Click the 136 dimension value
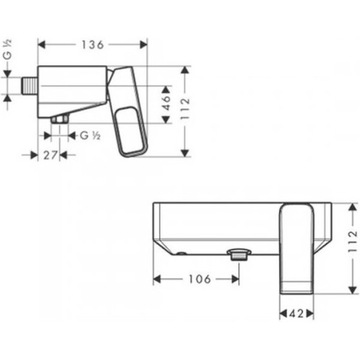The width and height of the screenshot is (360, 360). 93,45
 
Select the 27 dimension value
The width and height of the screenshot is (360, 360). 50,155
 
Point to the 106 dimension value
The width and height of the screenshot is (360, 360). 200,279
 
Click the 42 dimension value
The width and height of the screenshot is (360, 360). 296,314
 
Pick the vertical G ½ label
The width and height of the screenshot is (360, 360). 8,50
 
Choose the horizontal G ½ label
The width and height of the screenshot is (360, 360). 90,135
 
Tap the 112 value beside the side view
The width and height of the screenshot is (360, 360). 185,109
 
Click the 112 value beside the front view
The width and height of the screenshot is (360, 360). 353,241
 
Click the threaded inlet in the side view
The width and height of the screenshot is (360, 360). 30,86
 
